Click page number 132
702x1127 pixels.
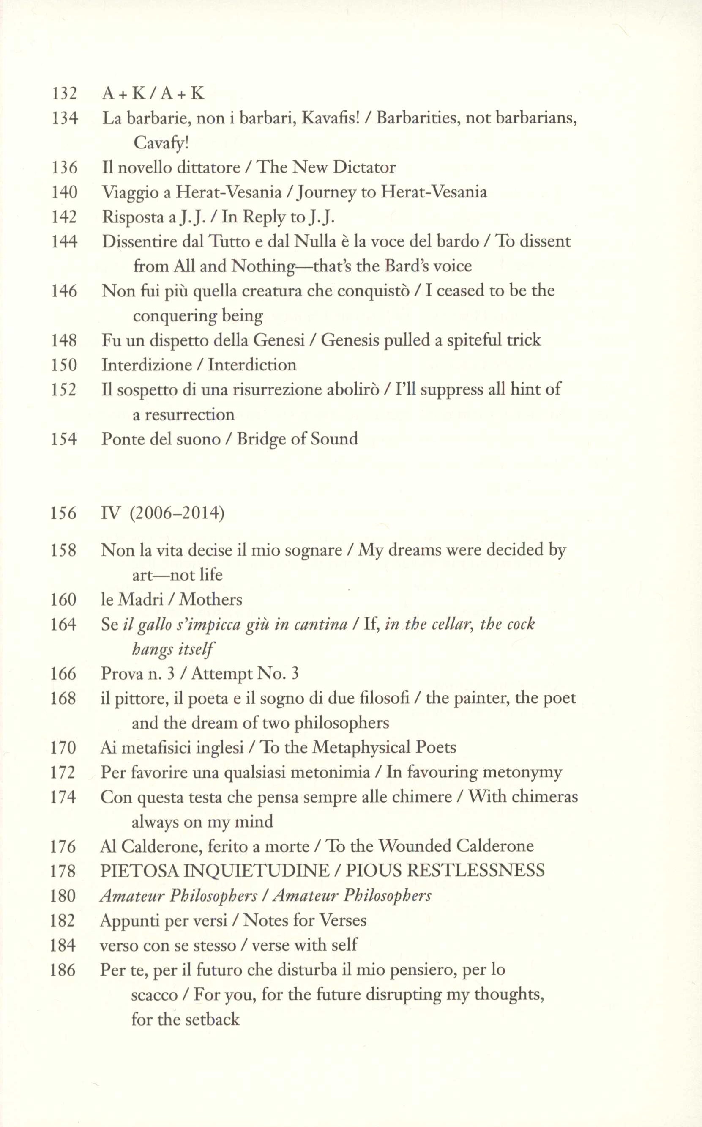click(64, 93)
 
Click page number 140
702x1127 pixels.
click(64, 192)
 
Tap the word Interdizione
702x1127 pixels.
click(147, 365)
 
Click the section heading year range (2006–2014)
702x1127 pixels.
click(177, 513)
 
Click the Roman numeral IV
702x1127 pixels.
click(110, 513)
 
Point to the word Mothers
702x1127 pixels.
click(211, 599)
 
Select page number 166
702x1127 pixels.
click(63, 673)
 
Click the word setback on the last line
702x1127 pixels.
click(211, 1019)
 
